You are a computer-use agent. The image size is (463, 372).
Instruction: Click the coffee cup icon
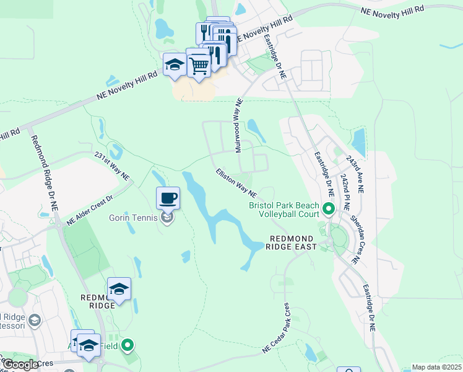pos(168,198)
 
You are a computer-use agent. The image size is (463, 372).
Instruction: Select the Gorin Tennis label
pos(134,218)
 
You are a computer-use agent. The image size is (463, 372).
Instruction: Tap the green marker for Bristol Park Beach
pos(329,210)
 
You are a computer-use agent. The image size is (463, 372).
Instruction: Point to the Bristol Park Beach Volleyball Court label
pos(284,210)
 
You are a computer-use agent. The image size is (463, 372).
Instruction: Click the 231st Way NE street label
pos(112,166)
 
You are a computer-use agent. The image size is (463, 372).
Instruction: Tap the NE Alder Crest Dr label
pos(90,211)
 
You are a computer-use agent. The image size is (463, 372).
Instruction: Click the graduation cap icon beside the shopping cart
pos(175,65)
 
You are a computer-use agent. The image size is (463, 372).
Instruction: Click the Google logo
pos(21,365)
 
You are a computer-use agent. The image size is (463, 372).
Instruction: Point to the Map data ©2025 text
pos(436,367)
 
